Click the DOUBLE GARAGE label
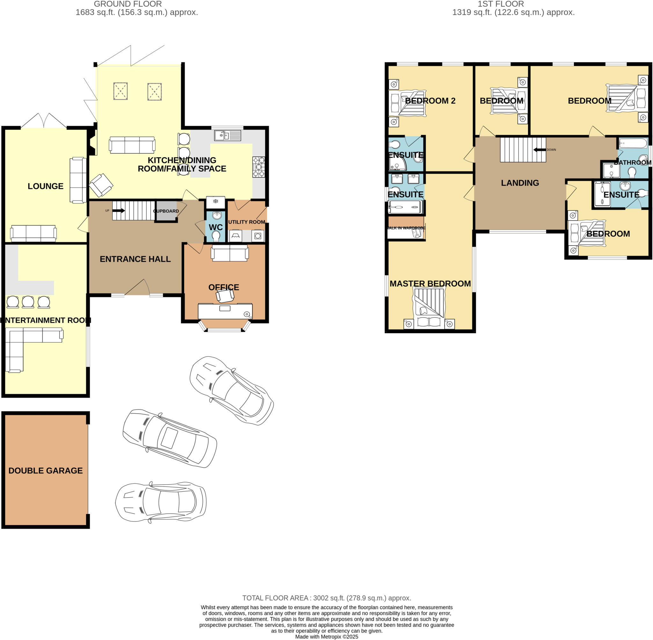coord(46,471)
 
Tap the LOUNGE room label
coord(46,186)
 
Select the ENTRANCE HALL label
coord(135,259)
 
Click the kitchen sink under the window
coord(228,135)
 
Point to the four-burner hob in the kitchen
coord(259,167)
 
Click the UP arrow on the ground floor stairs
coord(119,211)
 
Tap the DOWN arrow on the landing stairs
coord(539,150)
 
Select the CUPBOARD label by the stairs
coord(166,211)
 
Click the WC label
coord(216,227)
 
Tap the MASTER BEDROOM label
coord(430,284)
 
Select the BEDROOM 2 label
coord(430,101)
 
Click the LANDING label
coord(520,183)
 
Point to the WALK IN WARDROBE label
coord(407,228)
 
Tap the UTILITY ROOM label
coord(247,222)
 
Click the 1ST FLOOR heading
coord(501,4)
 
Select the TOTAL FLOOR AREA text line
coord(326,598)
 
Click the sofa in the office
coord(230,253)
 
